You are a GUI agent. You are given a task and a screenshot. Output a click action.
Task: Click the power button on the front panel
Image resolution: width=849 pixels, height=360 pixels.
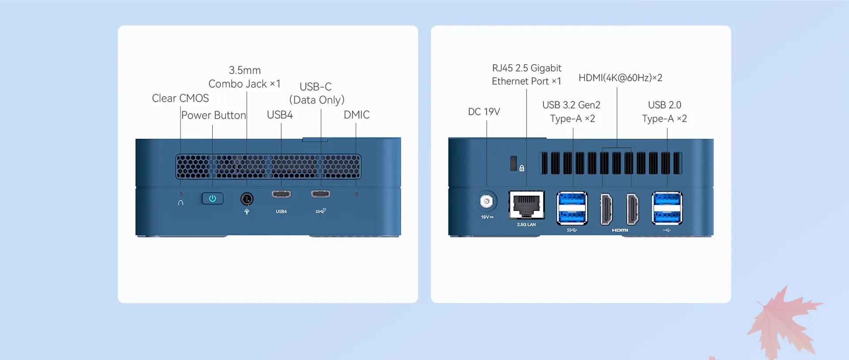[x=212, y=199]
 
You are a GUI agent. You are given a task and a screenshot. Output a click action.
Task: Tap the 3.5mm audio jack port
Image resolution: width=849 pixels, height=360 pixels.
[x=247, y=199]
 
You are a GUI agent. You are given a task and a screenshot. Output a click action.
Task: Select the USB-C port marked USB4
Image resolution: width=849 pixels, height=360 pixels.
[x=281, y=194]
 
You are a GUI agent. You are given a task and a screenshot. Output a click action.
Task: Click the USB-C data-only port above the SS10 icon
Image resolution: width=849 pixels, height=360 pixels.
[x=321, y=194]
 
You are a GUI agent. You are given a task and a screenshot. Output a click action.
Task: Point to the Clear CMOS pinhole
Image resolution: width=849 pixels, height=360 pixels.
[x=180, y=194]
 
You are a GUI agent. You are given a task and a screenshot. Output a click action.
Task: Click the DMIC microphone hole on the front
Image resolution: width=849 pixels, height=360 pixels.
[x=356, y=194]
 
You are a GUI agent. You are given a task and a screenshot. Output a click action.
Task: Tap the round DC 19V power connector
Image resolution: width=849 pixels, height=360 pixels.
[x=486, y=202]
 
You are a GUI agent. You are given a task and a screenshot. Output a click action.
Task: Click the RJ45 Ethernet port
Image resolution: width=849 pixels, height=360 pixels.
[x=526, y=205]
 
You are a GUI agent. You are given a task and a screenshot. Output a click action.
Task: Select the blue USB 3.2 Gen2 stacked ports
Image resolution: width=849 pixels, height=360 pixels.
[x=572, y=208]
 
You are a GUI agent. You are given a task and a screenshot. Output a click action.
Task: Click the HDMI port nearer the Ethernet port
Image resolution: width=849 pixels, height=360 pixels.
[x=606, y=209]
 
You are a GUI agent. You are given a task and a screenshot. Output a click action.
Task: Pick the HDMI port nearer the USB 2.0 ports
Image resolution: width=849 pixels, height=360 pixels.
[x=633, y=209]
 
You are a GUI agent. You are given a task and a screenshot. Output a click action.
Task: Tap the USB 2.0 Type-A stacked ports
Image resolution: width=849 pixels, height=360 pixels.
[x=667, y=208]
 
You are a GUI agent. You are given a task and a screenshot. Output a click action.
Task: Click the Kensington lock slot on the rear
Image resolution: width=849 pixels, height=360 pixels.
[x=513, y=163]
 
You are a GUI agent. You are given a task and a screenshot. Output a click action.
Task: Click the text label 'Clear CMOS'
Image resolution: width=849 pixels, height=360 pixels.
[x=180, y=98]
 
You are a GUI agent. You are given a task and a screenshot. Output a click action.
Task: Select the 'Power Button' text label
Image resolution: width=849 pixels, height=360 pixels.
[x=214, y=115]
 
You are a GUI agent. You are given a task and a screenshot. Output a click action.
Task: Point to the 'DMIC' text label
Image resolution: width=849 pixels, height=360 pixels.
[x=356, y=115]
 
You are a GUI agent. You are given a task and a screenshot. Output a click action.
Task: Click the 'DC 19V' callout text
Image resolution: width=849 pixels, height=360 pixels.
[x=484, y=111]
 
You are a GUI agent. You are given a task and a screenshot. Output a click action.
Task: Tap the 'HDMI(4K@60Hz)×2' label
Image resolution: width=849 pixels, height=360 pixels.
[x=620, y=78]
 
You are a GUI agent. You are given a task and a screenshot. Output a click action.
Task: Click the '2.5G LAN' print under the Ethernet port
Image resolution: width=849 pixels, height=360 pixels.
[x=526, y=225]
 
